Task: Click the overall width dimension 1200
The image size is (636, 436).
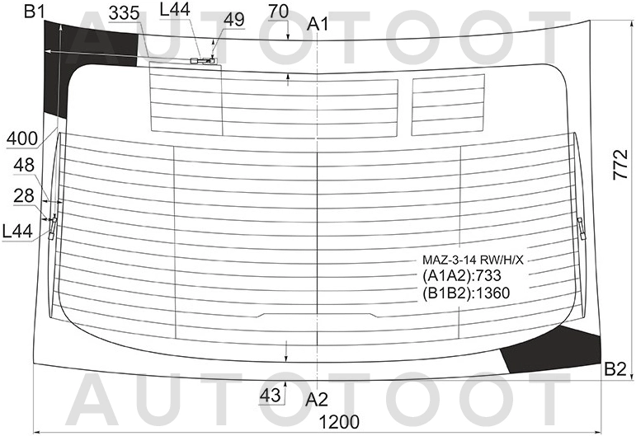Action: pyautogui.click(x=339, y=422)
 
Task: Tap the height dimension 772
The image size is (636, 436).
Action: pyautogui.click(x=620, y=165)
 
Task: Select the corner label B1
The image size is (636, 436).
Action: pyautogui.click(x=35, y=11)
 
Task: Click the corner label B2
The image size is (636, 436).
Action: pyautogui.click(x=615, y=369)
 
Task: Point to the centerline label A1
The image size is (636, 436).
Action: pyautogui.click(x=318, y=24)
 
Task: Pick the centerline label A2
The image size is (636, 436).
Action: pyautogui.click(x=317, y=400)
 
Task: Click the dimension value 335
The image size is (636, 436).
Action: pyautogui.click(x=124, y=13)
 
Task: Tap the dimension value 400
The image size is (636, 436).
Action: pyautogui.click(x=22, y=138)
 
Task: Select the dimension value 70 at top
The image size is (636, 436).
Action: pyautogui.click(x=279, y=12)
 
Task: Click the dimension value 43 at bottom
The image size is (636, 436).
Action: pyautogui.click(x=270, y=395)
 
